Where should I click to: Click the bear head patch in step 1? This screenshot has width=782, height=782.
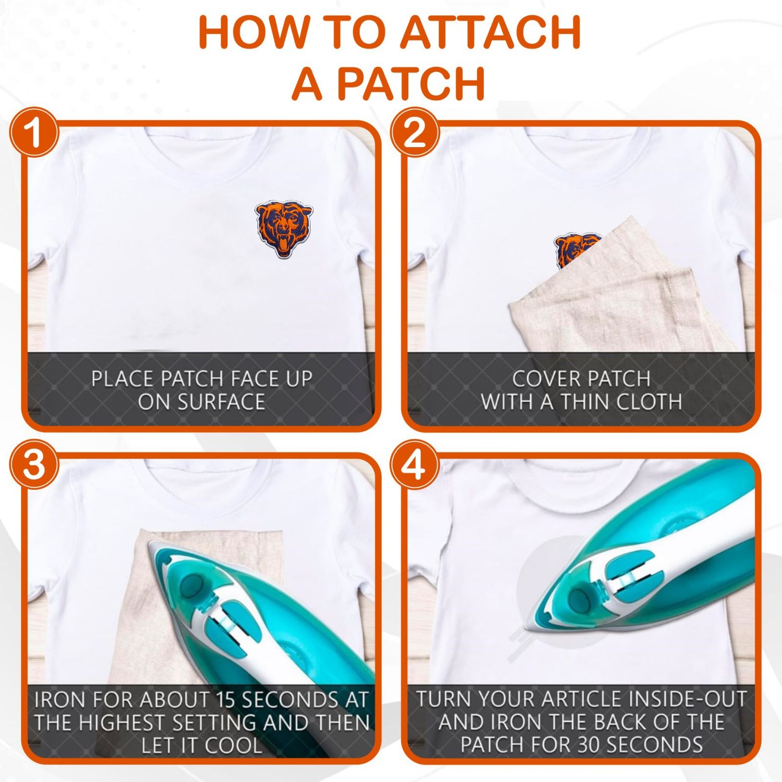point(284,229)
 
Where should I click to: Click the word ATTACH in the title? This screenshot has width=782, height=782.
point(492,33)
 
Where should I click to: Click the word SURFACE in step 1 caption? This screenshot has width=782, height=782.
point(201,402)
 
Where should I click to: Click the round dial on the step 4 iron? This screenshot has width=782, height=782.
point(580,597)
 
